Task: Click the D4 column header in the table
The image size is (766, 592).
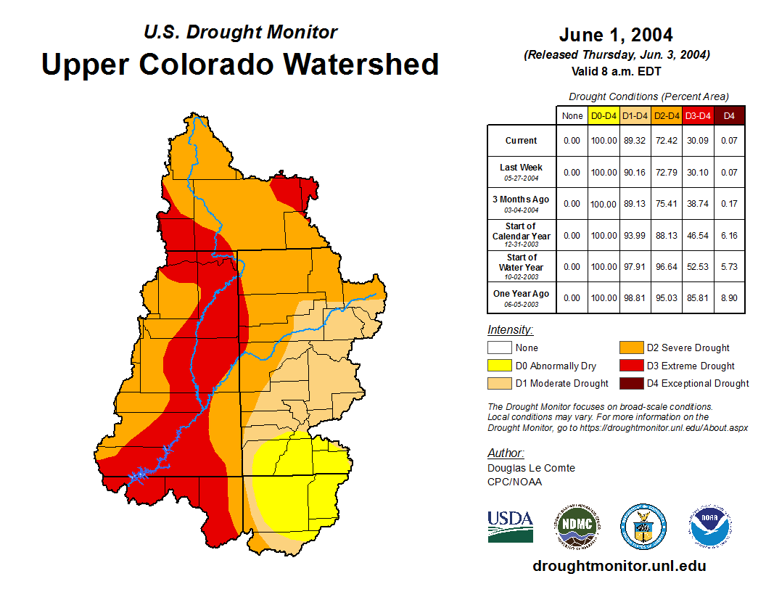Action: pos(730,115)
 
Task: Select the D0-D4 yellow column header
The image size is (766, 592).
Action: pos(604,115)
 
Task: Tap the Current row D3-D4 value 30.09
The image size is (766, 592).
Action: pos(698,141)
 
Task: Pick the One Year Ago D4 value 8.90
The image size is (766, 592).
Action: pos(730,298)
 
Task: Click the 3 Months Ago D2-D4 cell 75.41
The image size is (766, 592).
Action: pos(667,204)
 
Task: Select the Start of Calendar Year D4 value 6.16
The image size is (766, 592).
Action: pos(730,236)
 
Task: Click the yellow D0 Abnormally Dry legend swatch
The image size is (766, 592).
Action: pos(499,366)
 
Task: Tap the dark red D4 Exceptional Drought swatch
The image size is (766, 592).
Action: pos(630,383)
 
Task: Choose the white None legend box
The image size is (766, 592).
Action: pos(499,348)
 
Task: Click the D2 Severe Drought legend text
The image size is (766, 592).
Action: pos(688,348)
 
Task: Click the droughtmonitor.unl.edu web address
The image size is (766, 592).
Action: pos(619,566)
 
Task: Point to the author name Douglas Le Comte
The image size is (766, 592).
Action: pos(531,468)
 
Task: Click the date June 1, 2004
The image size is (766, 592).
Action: pos(616,35)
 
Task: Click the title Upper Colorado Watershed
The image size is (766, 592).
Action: pos(240,64)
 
